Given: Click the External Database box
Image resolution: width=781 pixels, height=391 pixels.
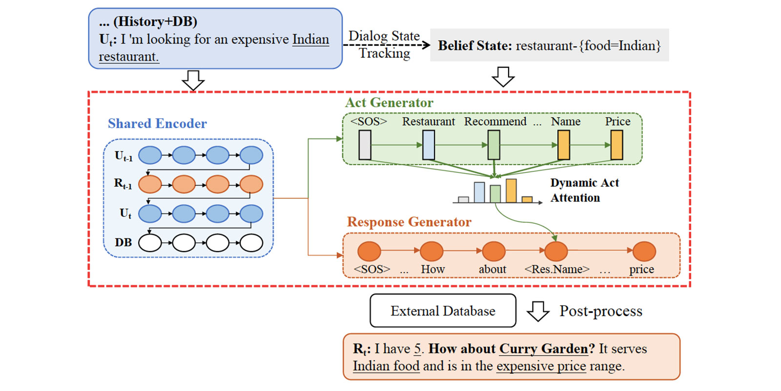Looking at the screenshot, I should click(443, 311).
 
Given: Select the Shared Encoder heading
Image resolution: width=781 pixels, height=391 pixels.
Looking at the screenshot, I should click(157, 124).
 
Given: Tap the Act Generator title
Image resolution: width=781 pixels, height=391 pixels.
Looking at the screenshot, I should click(389, 103).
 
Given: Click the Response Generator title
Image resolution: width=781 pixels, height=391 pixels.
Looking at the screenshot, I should click(409, 222).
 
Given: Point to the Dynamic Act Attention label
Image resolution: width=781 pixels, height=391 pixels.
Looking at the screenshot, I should click(584, 190).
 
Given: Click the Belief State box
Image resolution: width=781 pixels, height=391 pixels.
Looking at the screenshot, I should click(549, 45).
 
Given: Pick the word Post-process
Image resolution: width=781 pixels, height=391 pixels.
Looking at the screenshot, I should click(601, 311).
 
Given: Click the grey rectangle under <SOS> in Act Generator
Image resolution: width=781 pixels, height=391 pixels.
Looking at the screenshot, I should click(365, 145).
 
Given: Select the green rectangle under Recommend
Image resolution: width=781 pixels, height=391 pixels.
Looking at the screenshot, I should click(494, 145).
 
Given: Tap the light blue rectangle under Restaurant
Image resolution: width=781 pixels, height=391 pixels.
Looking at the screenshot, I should click(429, 145).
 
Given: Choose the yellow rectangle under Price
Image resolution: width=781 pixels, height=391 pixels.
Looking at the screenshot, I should click(617, 145).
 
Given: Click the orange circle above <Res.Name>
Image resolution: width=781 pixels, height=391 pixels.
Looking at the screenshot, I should click(556, 251).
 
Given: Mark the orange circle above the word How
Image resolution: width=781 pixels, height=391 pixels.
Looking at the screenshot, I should click(432, 251).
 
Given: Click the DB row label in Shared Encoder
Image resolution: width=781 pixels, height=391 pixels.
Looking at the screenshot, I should click(123, 242).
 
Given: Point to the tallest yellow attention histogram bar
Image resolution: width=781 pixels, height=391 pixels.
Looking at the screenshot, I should click(511, 191).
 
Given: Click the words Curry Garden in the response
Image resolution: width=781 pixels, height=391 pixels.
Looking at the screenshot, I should click(543, 349).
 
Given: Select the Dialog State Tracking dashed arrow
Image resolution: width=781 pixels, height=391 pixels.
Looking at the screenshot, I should click(386, 45).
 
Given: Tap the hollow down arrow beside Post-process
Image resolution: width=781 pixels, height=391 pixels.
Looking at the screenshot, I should click(538, 311).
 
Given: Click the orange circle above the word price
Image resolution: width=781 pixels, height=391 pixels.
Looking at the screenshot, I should click(644, 251).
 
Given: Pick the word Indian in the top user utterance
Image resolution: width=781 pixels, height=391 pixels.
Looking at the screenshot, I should click(310, 39).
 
